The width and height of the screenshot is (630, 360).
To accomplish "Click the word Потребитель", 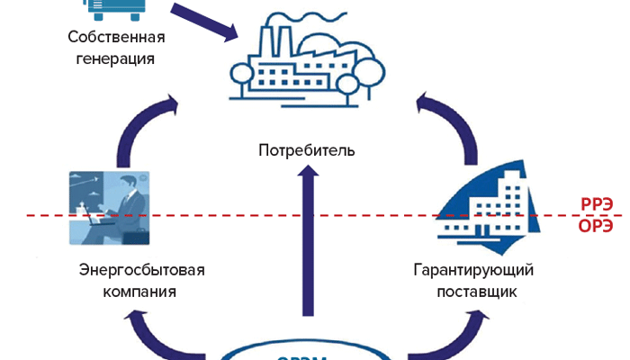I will point(307,149).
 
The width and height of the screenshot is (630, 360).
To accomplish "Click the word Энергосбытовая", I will point(143,270).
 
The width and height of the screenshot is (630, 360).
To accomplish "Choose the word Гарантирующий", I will point(474,270).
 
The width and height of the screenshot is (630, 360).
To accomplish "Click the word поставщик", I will point(474,292).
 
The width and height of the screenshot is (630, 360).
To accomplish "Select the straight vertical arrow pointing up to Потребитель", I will point(308,243).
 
